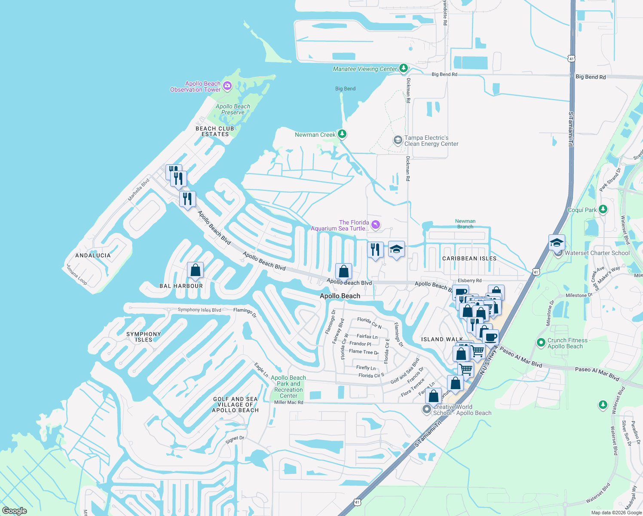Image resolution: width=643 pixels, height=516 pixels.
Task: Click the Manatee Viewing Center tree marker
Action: pos(403,68)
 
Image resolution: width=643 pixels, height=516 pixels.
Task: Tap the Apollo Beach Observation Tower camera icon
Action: pos(227,86)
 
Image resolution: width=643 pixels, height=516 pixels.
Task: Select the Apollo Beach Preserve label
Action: pos(233,109)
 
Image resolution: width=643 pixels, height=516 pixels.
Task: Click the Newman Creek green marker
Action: pos(342,134)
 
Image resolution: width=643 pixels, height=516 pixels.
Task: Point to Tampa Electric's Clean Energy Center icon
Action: pos(398,140)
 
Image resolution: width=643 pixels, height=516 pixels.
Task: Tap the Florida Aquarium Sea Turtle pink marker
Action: pos(376,224)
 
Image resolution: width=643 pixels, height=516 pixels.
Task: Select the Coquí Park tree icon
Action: pos(603,209)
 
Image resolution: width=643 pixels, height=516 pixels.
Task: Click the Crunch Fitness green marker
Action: pos(541,343)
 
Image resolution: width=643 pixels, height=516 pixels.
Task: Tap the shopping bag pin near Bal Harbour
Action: pos(195,270)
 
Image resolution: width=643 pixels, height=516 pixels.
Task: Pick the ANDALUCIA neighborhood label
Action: pos(93,255)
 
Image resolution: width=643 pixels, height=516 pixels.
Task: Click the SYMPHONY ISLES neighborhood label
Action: pos(144,337)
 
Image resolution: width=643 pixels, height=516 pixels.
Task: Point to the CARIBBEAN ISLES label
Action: pos(469,258)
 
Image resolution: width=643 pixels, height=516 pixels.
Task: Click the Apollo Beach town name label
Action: pos(340,296)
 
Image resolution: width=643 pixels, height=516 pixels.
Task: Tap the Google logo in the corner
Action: pos(15,511)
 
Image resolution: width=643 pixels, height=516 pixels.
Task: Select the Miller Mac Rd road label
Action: pos(288,402)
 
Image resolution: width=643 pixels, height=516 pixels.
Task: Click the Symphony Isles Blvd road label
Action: pos(199,310)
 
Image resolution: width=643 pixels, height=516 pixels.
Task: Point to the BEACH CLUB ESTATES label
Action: pos(215,131)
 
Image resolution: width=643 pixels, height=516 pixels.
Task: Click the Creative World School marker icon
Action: pos(427,409)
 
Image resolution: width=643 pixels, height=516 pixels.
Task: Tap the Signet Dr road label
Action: pos(235,439)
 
